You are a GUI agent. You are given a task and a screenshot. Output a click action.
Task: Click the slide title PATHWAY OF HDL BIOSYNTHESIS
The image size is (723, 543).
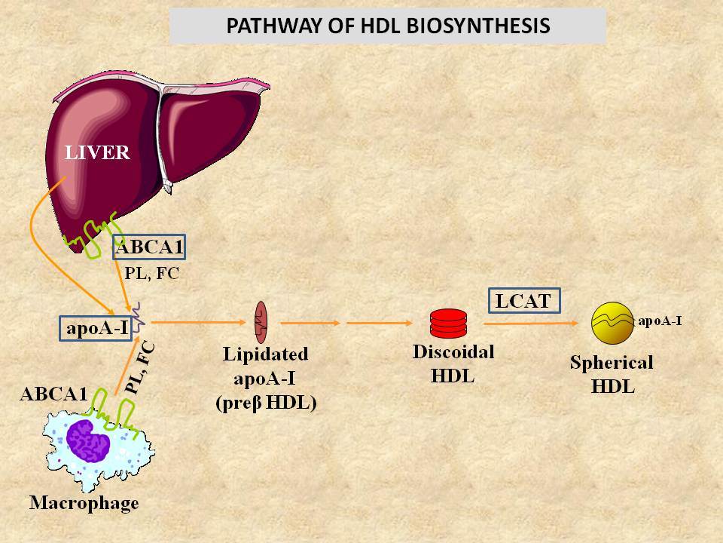tap(388, 26)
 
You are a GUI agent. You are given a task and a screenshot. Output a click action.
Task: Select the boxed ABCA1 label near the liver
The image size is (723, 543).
tap(149, 247)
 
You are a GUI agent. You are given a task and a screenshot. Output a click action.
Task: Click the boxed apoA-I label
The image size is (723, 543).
tap(96, 328)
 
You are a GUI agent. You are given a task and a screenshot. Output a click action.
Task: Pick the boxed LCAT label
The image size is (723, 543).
tap(524, 301)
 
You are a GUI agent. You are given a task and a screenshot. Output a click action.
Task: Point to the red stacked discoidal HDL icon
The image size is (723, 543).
tap(448, 324)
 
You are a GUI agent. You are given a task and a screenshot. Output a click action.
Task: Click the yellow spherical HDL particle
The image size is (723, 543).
tap(613, 324)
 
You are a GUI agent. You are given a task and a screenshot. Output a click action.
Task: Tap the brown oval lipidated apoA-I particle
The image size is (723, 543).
tap(261, 322)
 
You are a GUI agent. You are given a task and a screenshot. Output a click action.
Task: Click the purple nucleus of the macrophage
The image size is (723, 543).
tap(88, 440)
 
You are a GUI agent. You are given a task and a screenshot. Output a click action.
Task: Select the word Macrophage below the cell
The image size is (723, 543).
tap(84, 503)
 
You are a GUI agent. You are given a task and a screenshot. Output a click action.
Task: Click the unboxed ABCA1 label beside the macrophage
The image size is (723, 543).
tap(54, 394)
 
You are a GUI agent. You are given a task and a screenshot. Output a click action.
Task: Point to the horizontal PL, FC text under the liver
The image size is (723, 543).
tap(151, 273)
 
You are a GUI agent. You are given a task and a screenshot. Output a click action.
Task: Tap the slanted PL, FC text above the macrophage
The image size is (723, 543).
tap(141, 368)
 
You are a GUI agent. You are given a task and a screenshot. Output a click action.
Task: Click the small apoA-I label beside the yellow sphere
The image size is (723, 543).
tap(660, 321)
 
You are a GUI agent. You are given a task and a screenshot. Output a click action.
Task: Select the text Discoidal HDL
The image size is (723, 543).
tap(453, 364)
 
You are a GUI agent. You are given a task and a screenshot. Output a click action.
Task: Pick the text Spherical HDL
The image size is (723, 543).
tap(612, 374)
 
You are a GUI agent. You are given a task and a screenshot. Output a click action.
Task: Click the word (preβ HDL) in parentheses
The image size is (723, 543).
tap(266, 403)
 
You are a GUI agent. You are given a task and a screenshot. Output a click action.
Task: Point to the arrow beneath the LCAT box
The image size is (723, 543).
tap(531, 324)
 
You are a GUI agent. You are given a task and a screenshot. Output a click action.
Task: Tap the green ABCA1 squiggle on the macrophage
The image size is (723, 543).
tap(114, 413)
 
